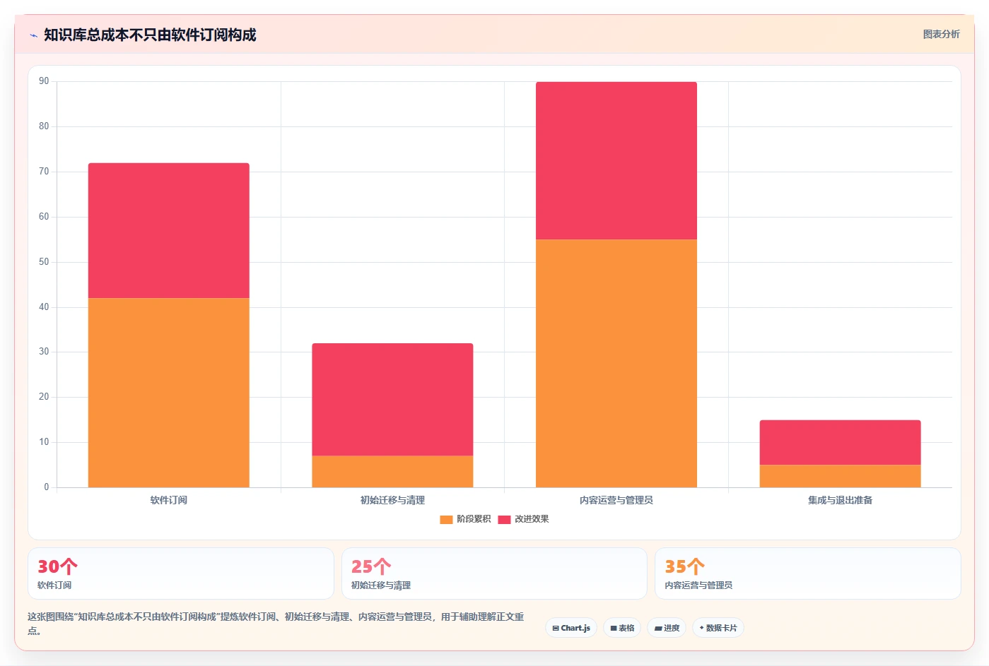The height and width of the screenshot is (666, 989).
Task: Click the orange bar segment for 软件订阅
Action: pos(169,393)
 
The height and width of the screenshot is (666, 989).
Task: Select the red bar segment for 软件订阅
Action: pos(169,231)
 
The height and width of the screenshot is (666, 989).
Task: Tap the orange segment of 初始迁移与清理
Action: pos(392,472)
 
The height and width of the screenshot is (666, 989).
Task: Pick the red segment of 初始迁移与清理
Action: pos(392,400)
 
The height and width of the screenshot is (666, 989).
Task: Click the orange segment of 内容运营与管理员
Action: pos(616,364)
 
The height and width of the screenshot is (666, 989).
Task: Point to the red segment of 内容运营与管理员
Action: pos(616,160)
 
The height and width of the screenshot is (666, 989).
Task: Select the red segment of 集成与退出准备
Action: pos(841,442)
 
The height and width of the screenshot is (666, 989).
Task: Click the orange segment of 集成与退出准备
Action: pos(841,476)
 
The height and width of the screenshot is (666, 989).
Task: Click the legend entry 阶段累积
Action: pos(465,519)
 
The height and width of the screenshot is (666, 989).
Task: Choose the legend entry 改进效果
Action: pos(524,519)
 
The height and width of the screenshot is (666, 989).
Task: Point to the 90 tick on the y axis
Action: pos(44,81)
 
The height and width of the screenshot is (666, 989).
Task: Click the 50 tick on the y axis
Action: pos(44,261)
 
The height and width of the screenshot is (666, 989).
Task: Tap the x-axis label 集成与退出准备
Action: pos(841,500)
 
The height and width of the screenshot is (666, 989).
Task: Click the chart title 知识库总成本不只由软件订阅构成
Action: pos(150,35)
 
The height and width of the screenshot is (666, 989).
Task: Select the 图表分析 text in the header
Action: pos(942,35)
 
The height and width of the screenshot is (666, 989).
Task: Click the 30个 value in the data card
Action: pos(57,566)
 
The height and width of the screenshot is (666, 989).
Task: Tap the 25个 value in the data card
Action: pos(371,566)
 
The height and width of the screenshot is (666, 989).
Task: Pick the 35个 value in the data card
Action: pos(685,566)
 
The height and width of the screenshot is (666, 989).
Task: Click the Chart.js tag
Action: pos(571,628)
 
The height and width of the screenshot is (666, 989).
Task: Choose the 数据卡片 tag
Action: pos(718,628)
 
